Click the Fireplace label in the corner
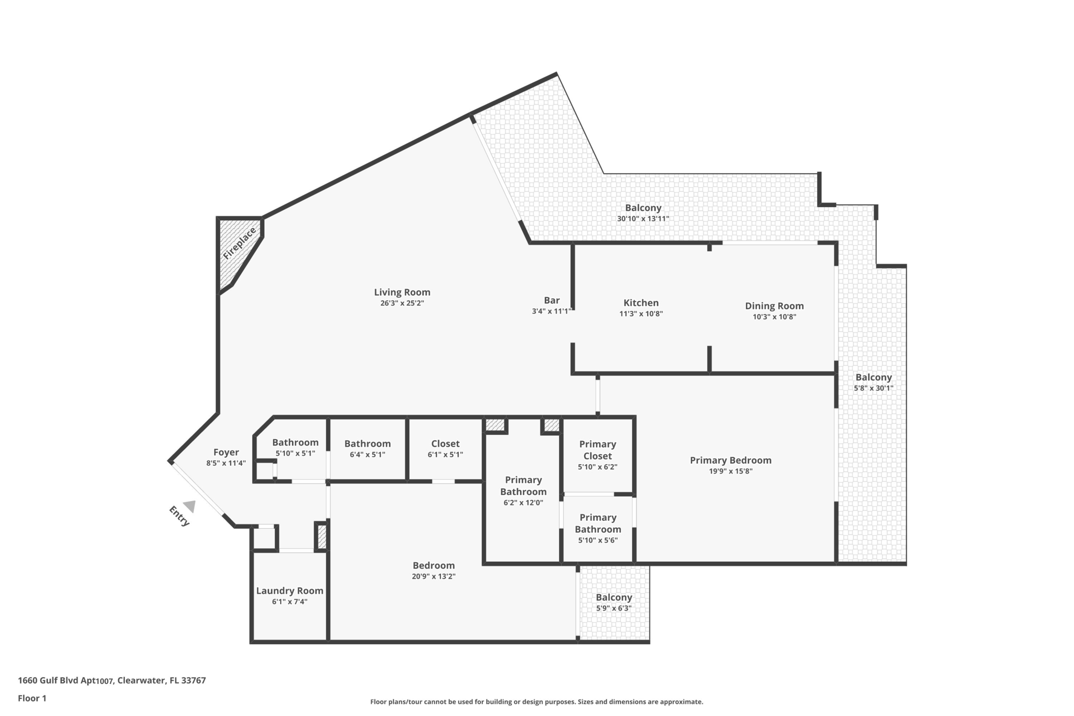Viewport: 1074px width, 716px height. [239, 243]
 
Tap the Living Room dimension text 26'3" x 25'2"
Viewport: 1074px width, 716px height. [402, 303]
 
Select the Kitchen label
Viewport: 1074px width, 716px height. [641, 303]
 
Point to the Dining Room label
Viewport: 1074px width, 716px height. [774, 306]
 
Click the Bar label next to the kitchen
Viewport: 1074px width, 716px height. [552, 300]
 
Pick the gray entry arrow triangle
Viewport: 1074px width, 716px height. [190, 506]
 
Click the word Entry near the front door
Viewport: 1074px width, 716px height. [179, 516]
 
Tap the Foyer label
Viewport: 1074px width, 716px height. [226, 452]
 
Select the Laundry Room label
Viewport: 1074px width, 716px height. [289, 591]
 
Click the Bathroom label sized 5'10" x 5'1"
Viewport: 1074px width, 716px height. [295, 442]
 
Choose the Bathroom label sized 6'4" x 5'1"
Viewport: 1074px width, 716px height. [367, 444]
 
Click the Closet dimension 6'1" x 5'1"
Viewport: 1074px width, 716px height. [445, 455]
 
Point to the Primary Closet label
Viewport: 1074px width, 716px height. [597, 450]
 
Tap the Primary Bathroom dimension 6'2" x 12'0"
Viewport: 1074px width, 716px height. [523, 503]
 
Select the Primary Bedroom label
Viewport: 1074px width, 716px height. [731, 460]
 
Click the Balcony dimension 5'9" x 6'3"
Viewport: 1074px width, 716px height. [614, 608]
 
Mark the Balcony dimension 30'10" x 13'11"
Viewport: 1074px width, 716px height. [643, 219]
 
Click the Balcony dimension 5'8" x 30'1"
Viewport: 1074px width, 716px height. [873, 388]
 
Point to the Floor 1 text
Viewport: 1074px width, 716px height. [32, 698]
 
